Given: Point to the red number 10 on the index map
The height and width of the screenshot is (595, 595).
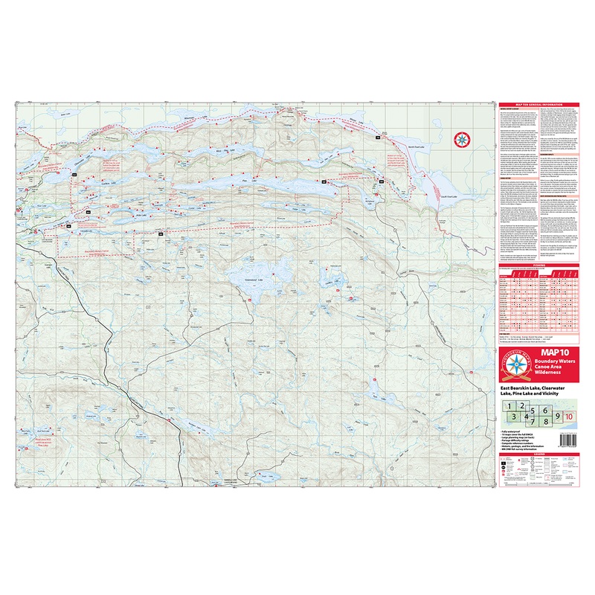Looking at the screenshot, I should [570, 416].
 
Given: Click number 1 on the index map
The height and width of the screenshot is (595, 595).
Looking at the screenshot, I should [509, 405].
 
